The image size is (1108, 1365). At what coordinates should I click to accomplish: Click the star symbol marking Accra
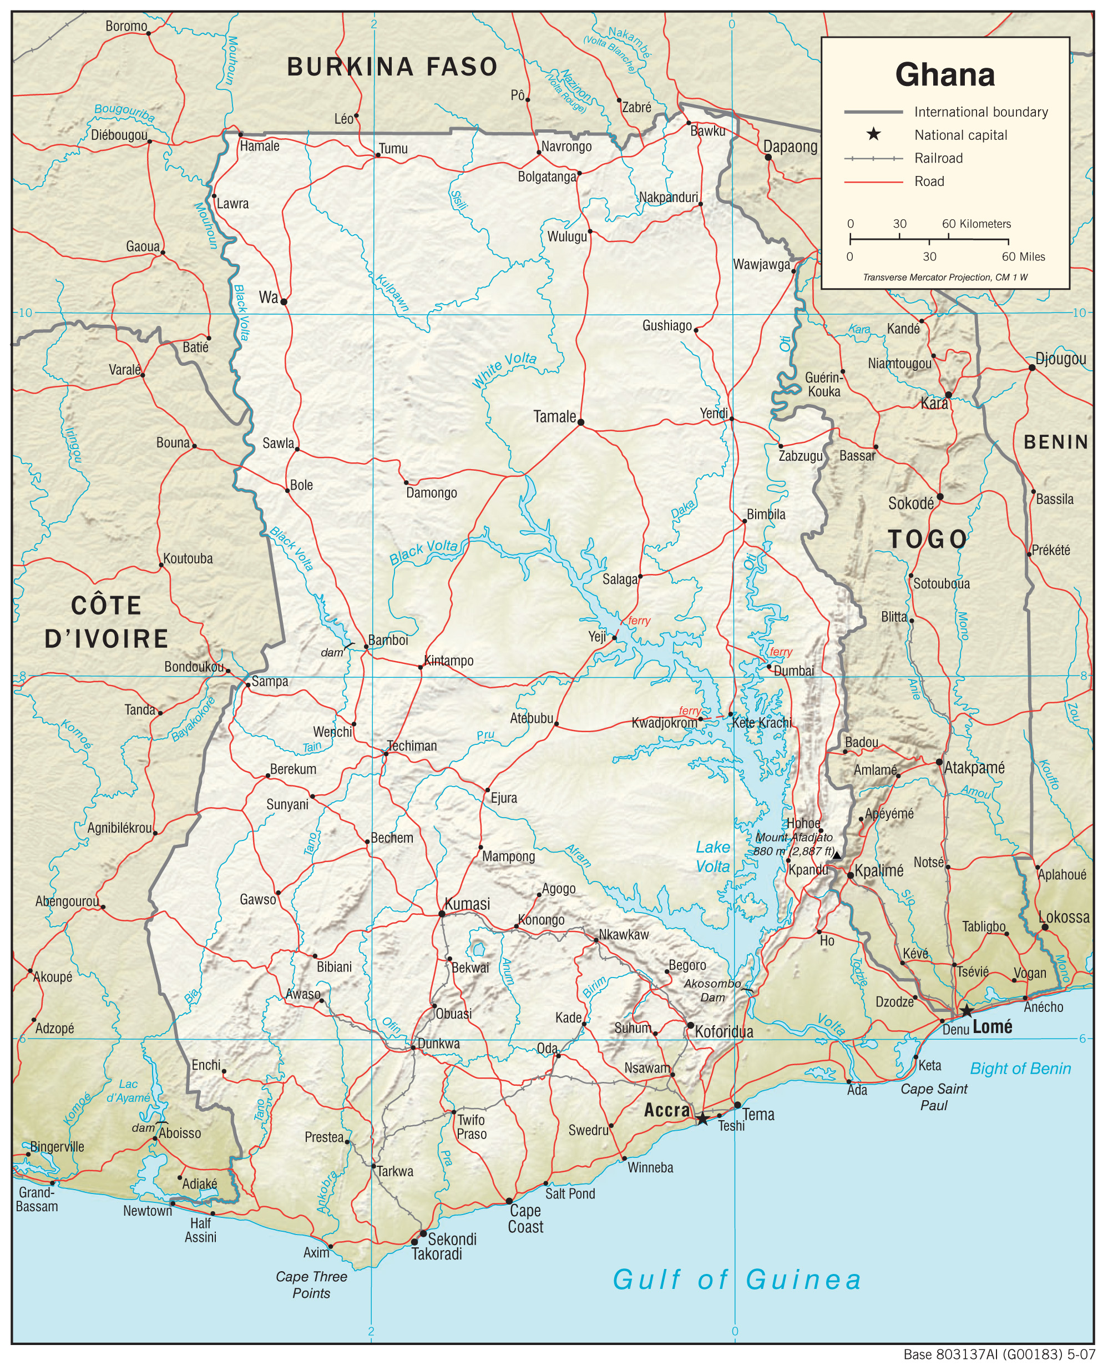point(702,1119)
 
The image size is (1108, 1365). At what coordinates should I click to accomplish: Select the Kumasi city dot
point(442,914)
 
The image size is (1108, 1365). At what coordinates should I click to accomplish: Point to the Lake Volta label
point(712,857)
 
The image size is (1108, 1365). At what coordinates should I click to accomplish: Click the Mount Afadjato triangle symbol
point(836,855)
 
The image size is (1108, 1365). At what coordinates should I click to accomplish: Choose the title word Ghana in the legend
point(945,75)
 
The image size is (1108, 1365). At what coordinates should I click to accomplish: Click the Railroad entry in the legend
point(938,158)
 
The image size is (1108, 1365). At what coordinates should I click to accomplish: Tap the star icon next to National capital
point(873,135)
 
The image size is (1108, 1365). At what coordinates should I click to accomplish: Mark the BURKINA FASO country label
point(392,67)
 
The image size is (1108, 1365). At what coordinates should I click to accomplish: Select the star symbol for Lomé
point(967,1011)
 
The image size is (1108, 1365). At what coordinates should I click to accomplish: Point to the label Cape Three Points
point(311,1285)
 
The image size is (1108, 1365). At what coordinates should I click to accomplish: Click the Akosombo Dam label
point(712,990)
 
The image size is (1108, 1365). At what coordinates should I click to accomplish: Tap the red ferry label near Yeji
point(639,621)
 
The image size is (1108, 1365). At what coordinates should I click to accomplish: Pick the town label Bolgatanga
point(547,177)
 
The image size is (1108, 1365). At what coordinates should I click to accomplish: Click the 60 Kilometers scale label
point(977,224)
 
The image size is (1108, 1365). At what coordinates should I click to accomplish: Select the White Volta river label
point(504,370)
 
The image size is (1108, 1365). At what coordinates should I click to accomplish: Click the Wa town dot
point(284,302)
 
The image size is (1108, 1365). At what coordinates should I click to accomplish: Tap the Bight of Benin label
point(1020,1069)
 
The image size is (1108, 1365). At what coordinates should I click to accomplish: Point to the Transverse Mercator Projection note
point(945,277)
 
